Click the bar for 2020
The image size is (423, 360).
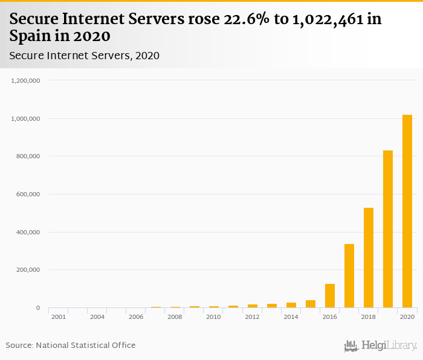(407, 211)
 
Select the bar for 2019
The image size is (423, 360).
(388, 230)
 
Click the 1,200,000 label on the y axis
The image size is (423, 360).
(25, 80)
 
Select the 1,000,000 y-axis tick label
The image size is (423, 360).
(25, 118)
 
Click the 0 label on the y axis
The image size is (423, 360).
(37, 308)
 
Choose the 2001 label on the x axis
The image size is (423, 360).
(59, 317)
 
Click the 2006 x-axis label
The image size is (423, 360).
(136, 317)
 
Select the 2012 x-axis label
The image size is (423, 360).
(252, 317)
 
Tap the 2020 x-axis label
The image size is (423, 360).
(407, 317)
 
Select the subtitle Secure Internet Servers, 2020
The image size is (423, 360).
(84, 56)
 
